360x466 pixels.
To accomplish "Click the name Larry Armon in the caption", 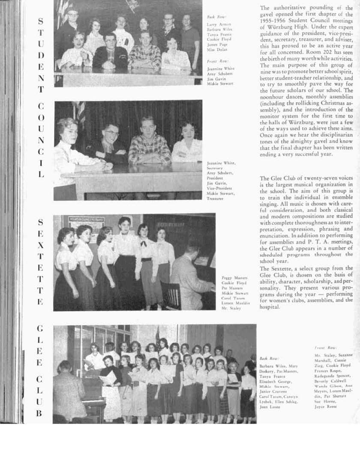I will [219, 24].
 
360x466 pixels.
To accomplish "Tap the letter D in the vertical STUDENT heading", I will [40, 55].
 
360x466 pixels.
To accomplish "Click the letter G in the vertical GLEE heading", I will [40, 329].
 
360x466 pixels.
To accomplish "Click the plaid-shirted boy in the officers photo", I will [149, 141].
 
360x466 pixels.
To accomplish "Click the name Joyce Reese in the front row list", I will [325, 406].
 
